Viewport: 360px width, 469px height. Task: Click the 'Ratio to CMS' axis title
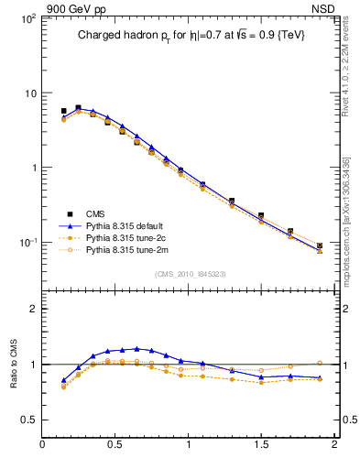(x=13, y=365)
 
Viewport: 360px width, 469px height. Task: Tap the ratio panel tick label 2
(x=32, y=309)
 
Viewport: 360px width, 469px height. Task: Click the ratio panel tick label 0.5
(x=27, y=420)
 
